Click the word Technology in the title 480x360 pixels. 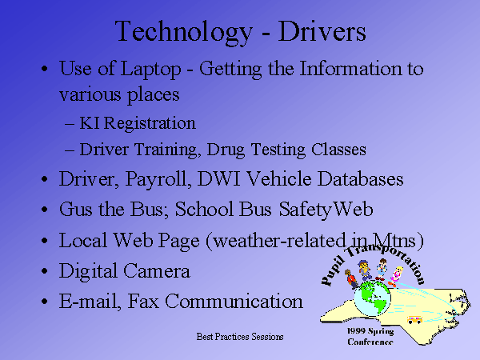tap(184, 32)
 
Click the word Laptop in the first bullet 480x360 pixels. tap(150, 70)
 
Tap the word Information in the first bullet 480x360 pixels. tap(350, 68)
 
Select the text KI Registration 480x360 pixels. tap(138, 124)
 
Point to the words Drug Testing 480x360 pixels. tap(256, 150)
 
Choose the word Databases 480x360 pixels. tap(360, 178)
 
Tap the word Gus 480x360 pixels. tap(75, 209)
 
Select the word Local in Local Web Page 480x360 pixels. tap(82, 240)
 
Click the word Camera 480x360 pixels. tap(157, 271)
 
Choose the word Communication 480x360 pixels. tap(234, 301)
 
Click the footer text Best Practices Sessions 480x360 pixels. tap(240, 337)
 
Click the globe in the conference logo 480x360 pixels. tap(373, 298)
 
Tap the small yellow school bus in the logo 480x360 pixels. tap(414, 320)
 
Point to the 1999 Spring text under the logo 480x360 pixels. tap(370, 331)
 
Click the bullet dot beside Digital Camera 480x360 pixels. tap(45, 271)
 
